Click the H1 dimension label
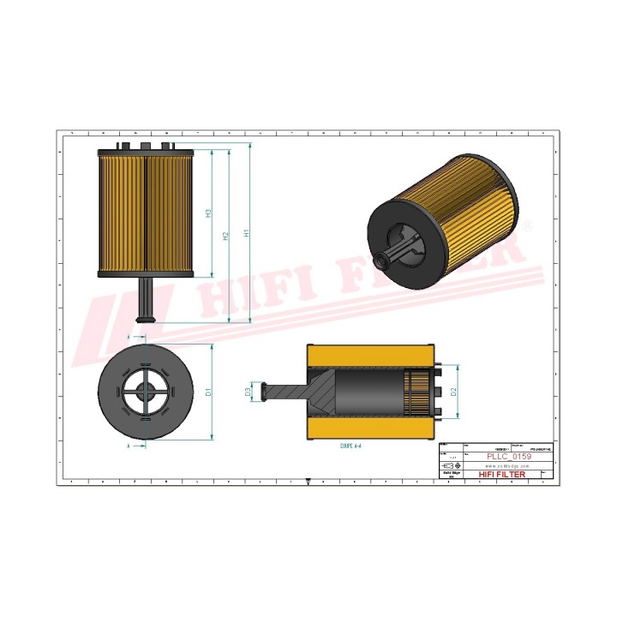coord(247,232)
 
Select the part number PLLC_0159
coord(508,458)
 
